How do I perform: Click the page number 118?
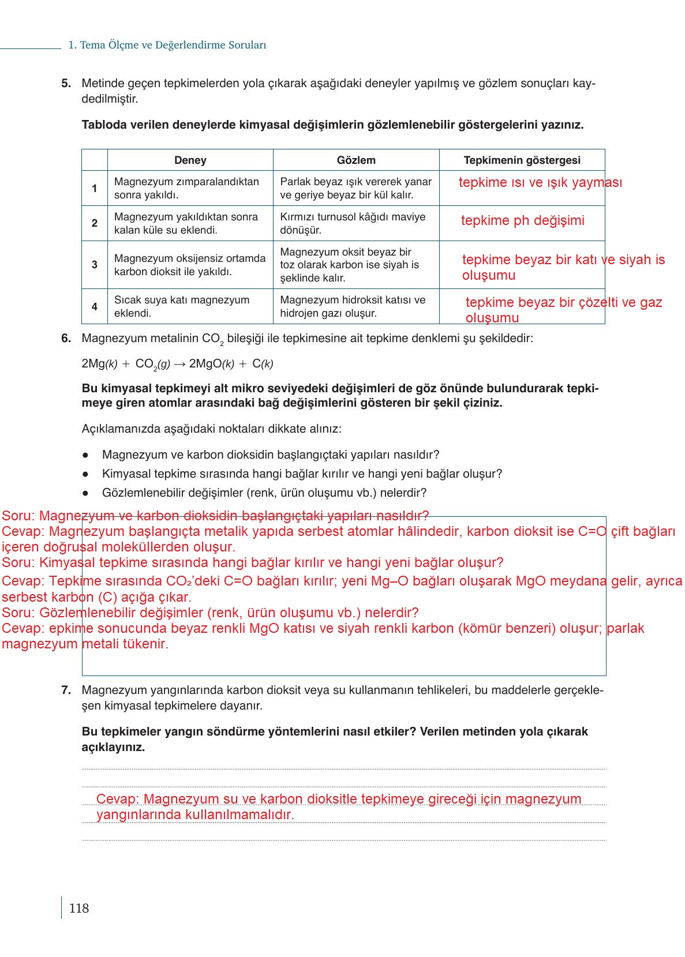pyautogui.click(x=79, y=909)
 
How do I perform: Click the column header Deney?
pyautogui.click(x=190, y=160)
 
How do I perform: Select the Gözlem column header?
pyautogui.click(x=356, y=160)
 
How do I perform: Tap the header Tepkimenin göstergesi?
pyautogui.click(x=522, y=160)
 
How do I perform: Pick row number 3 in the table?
pyautogui.click(x=95, y=265)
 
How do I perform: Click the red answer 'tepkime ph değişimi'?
pyautogui.click(x=522, y=221)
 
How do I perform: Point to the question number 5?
pyautogui.click(x=66, y=84)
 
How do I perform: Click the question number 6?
pyautogui.click(x=66, y=339)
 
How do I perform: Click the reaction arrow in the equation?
pyautogui.click(x=179, y=364)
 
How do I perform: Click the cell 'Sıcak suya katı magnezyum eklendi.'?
pyautogui.click(x=182, y=306)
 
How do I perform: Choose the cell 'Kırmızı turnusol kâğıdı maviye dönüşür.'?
pyautogui.click(x=353, y=223)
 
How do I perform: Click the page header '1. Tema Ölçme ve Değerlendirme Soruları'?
pyautogui.click(x=167, y=45)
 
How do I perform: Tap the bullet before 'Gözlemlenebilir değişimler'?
pyautogui.click(x=85, y=493)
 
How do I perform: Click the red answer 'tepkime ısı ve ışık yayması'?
pyautogui.click(x=540, y=183)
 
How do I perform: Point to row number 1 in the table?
pyautogui.click(x=95, y=188)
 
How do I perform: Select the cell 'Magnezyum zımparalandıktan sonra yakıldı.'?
pyautogui.click(x=186, y=188)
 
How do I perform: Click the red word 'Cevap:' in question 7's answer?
pyautogui.click(x=118, y=800)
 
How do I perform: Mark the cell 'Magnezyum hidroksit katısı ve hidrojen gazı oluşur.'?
pyautogui.click(x=353, y=306)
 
